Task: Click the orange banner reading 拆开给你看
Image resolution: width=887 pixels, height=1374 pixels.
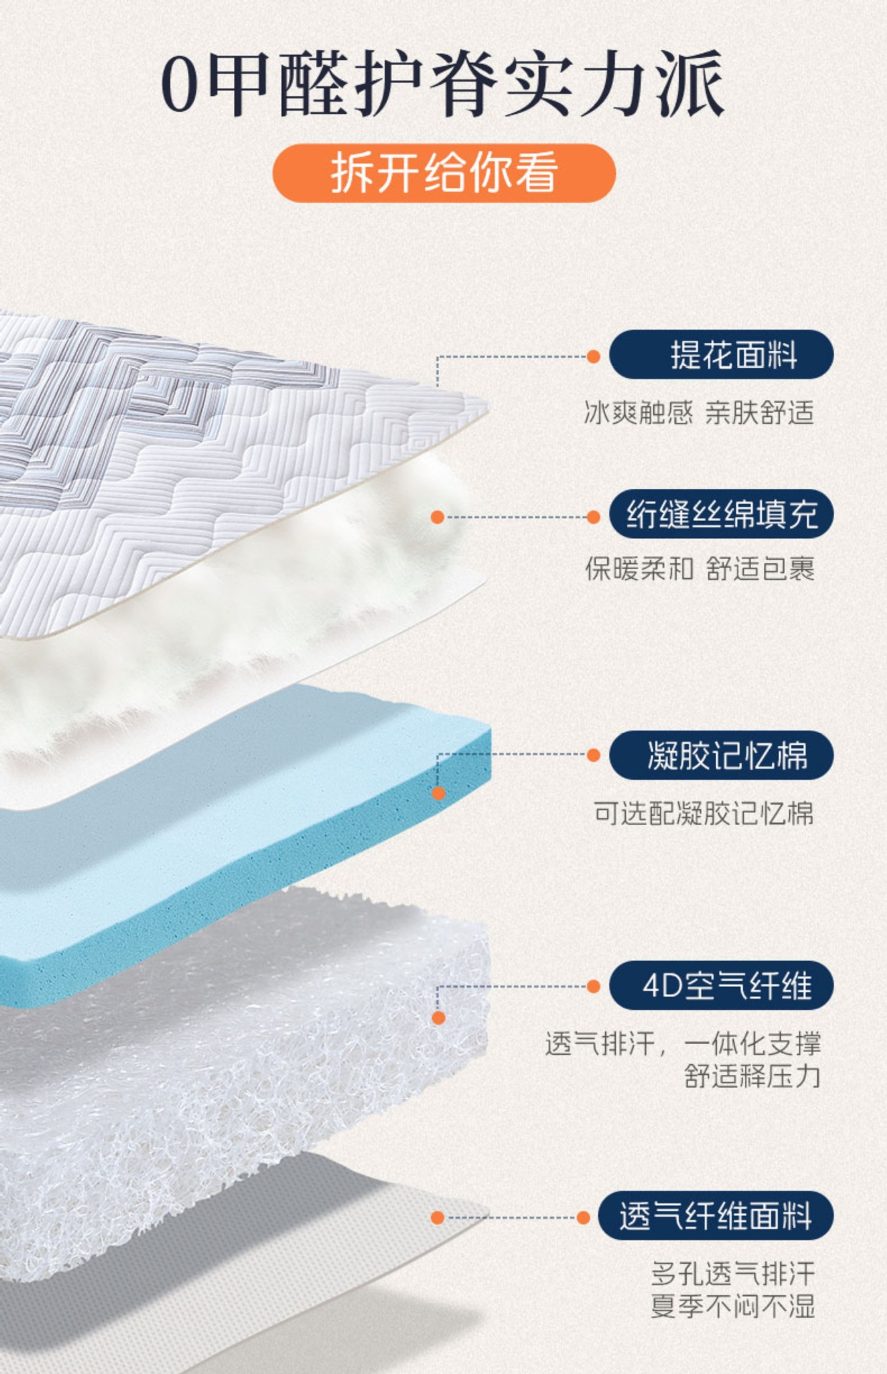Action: click(x=443, y=173)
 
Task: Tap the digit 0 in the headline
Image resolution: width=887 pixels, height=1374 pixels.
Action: click(x=180, y=85)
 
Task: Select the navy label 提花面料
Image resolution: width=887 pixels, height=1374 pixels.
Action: click(x=721, y=355)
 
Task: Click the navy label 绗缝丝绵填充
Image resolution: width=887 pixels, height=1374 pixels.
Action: click(x=721, y=515)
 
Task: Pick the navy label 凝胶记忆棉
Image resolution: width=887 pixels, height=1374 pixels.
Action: click(x=721, y=755)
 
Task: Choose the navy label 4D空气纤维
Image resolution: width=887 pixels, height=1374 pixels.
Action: click(x=721, y=986)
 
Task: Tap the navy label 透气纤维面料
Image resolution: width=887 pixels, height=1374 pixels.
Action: click(x=715, y=1216)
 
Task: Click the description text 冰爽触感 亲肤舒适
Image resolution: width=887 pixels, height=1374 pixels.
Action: click(x=699, y=413)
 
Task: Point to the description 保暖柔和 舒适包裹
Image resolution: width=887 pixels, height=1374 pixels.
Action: click(x=700, y=570)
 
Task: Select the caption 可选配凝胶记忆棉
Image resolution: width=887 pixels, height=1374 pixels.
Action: click(x=703, y=814)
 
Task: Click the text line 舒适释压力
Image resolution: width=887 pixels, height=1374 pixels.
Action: click(x=752, y=1076)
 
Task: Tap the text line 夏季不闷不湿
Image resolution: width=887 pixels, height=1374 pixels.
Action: click(x=732, y=1307)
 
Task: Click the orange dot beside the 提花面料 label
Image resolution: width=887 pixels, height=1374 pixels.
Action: click(x=593, y=356)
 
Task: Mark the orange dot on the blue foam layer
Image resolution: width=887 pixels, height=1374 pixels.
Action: click(x=438, y=793)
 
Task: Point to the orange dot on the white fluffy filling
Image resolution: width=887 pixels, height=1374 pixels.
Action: click(x=438, y=517)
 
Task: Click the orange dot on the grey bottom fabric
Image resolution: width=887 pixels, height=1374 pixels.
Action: click(x=438, y=1217)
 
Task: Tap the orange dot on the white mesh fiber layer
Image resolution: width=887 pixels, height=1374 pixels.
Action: click(x=438, y=1018)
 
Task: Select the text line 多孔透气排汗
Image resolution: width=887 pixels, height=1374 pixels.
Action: click(x=732, y=1275)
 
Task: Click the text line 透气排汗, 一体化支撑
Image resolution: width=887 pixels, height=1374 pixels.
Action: click(x=682, y=1044)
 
